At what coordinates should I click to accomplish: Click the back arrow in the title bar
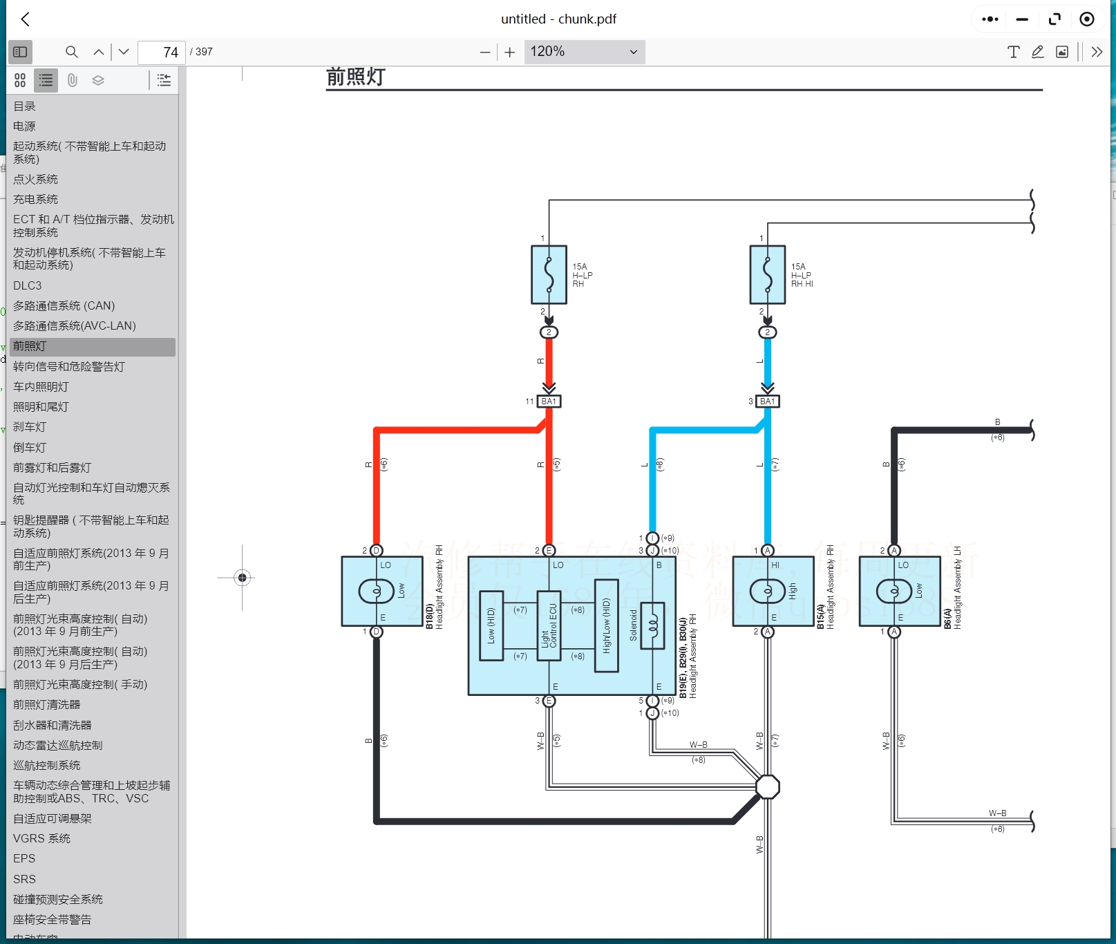point(26,19)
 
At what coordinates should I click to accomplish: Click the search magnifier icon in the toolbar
point(71,52)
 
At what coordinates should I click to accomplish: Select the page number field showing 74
point(162,52)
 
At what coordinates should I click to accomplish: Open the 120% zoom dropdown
point(584,52)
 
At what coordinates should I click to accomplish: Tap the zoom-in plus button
point(510,52)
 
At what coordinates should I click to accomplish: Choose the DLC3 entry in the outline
point(28,285)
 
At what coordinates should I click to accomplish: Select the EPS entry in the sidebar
point(24,858)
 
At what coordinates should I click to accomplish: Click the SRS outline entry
point(24,879)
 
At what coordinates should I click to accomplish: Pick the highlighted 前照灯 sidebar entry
point(30,346)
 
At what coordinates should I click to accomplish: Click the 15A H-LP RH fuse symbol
point(549,274)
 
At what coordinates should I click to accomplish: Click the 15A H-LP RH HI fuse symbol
point(767,274)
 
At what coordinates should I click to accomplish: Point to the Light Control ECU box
point(549,625)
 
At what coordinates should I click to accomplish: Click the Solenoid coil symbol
point(652,625)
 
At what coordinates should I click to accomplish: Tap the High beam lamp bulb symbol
point(767,591)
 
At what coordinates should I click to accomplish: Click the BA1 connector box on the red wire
point(549,402)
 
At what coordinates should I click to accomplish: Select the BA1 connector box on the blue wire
point(768,402)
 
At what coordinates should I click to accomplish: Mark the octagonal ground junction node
point(768,787)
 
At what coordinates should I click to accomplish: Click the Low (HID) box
point(491,625)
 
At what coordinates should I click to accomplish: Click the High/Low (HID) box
point(606,625)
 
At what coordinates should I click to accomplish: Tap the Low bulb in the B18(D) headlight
point(377,591)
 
